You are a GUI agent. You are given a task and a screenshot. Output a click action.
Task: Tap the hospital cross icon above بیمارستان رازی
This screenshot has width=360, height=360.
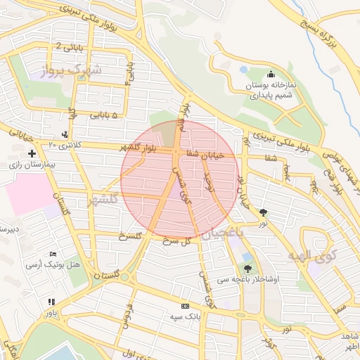[x=31, y=153]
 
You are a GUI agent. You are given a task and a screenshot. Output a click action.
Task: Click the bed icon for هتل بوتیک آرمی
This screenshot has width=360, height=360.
[x=53, y=254]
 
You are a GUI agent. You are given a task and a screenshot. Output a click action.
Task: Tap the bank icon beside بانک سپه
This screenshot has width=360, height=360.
[x=185, y=306]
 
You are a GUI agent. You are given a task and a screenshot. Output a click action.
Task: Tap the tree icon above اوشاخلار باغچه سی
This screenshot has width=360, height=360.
[x=247, y=268]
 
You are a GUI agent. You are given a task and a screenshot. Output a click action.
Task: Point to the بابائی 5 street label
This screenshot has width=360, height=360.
[x=104, y=115]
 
